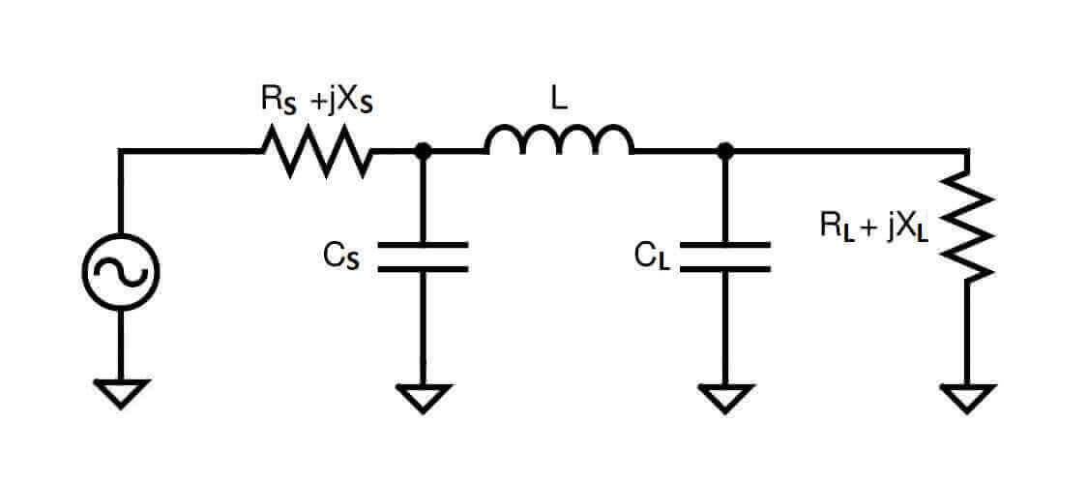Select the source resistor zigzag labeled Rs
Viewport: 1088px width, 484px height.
316,152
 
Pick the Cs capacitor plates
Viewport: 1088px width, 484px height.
423,256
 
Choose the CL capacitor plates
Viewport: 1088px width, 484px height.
725,256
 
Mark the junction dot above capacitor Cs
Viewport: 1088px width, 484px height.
423,151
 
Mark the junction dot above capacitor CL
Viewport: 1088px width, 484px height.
725,151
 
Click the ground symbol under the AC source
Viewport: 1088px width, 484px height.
120,392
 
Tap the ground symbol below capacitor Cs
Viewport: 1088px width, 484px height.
423,397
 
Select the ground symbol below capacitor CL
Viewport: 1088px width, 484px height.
725,397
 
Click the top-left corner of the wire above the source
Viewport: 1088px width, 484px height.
120,151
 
